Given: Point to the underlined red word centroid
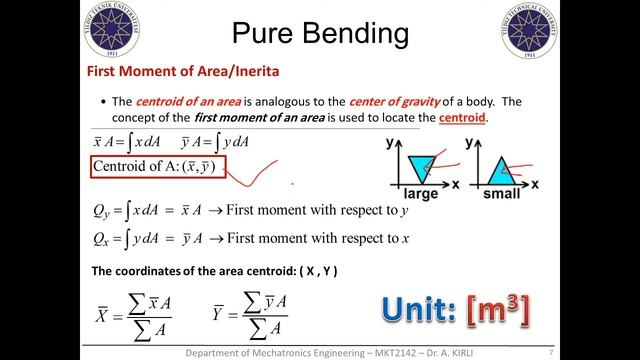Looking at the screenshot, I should [461, 118].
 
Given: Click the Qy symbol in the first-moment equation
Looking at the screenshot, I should [102, 211].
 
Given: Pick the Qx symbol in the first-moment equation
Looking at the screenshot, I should [102, 240].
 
